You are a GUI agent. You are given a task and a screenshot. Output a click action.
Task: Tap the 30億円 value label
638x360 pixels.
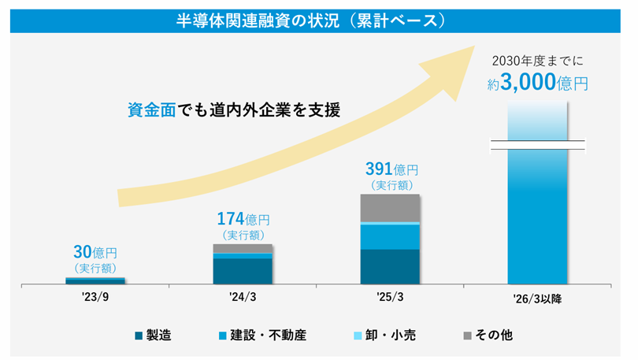pyautogui.click(x=95, y=254)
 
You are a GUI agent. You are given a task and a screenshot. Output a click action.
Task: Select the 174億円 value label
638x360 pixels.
pyautogui.click(x=243, y=218)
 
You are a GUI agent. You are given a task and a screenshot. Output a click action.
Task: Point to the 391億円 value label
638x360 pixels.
pyautogui.click(x=391, y=169)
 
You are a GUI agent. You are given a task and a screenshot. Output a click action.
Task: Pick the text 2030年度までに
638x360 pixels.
pyautogui.click(x=536, y=59)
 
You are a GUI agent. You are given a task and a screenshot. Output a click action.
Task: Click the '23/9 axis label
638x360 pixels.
pyautogui.click(x=95, y=299)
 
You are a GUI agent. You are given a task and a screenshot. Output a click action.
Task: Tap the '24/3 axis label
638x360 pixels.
pyautogui.click(x=243, y=299)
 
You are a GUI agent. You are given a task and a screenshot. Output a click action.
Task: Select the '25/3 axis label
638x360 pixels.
pyautogui.click(x=391, y=299)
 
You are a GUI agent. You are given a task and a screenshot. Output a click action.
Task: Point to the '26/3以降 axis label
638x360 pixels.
pyautogui.click(x=537, y=299)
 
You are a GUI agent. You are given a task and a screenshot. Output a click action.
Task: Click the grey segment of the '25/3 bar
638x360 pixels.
pyautogui.click(x=391, y=207)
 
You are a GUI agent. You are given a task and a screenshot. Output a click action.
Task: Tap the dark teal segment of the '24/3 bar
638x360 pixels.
pyautogui.click(x=243, y=270)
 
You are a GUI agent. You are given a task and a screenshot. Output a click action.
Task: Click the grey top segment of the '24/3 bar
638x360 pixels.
pyautogui.click(x=243, y=248)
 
